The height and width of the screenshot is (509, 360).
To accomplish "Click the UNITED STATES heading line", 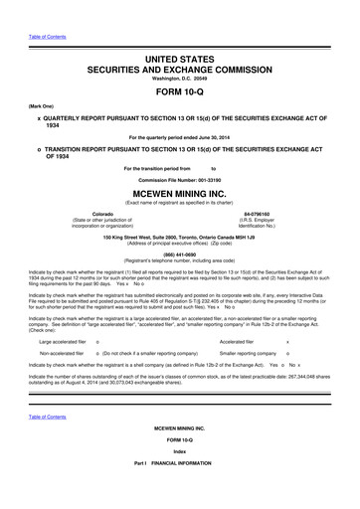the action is (x=179, y=62).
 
